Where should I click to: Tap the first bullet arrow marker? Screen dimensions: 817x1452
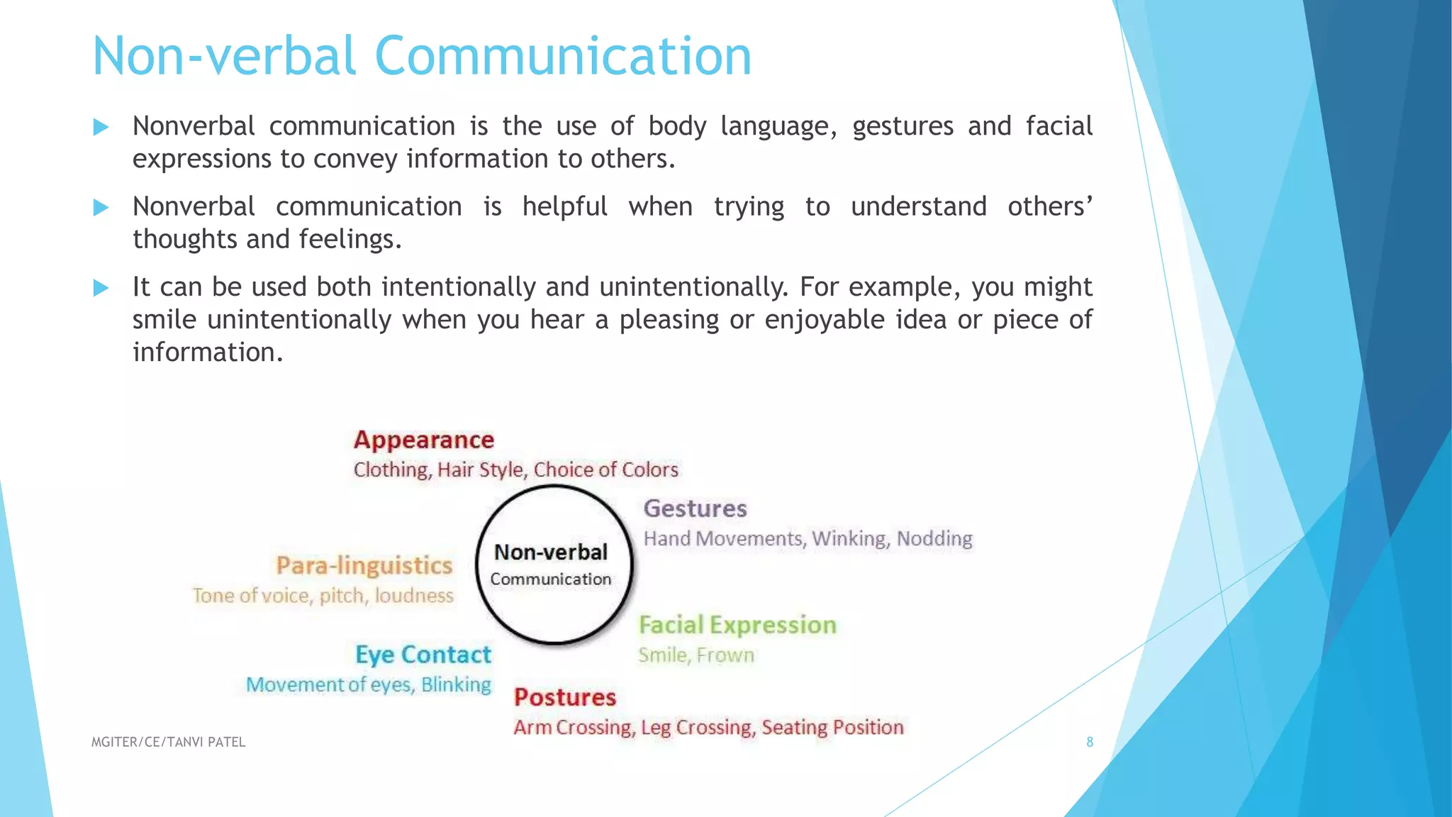tap(101, 128)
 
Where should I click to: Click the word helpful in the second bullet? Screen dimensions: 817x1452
tap(564, 207)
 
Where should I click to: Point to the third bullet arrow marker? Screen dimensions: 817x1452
tap(101, 288)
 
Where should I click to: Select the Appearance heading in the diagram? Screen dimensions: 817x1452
tap(423, 440)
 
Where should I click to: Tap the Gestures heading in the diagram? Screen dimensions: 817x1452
tap(695, 509)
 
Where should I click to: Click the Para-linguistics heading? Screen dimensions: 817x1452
tap(364, 566)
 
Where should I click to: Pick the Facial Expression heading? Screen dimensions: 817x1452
tap(737, 626)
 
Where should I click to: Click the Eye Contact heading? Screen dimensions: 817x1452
tap(423, 655)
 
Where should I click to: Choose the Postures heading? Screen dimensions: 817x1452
tap(565, 698)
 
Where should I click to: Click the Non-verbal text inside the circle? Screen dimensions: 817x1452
tap(551, 552)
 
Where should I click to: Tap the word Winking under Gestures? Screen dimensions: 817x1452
tap(849, 539)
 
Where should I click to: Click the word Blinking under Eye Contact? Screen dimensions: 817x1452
tap(456, 685)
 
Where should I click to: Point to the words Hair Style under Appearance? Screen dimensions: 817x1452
tap(480, 470)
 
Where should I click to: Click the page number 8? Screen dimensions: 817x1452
tap(1090, 743)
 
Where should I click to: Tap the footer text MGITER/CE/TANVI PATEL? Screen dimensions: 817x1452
tap(168, 743)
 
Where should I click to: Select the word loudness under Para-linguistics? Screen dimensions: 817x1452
tap(414, 596)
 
